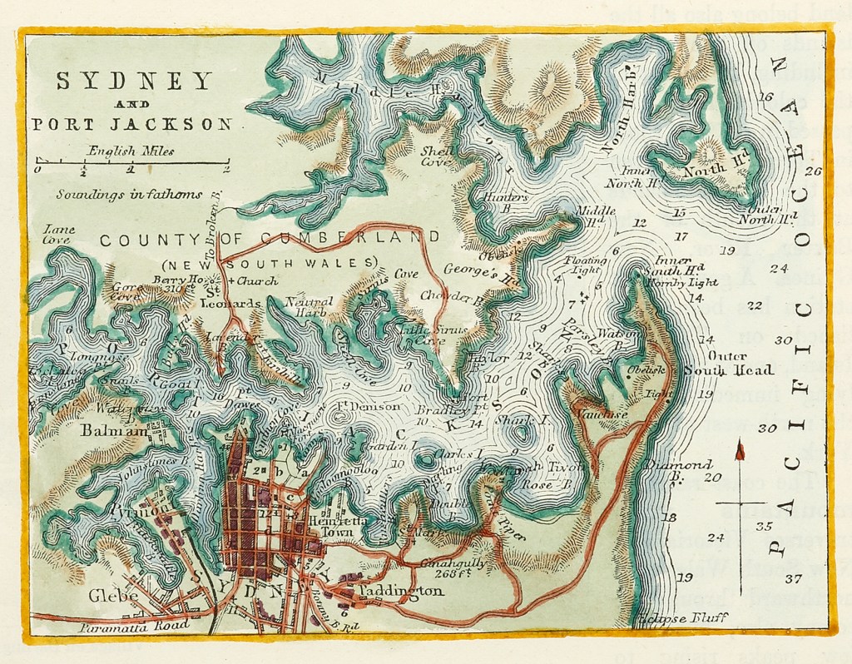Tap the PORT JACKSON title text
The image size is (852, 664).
[x=131, y=125]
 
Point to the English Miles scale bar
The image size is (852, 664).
[x=131, y=162]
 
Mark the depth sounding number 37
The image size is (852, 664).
[x=791, y=579]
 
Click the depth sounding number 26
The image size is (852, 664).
[x=813, y=171]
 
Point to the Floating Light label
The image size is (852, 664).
[x=586, y=265]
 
